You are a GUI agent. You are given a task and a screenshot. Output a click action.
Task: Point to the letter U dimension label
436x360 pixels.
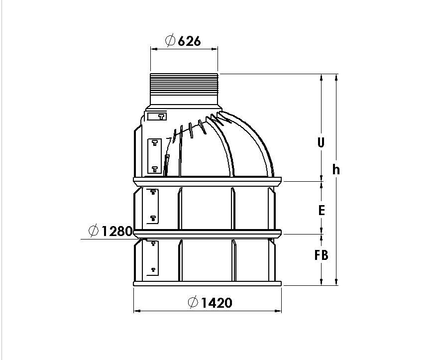[x=321, y=142]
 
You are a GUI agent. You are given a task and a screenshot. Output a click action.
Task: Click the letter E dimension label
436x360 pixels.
[x=322, y=210]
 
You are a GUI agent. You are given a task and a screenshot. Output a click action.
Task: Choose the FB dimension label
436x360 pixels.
[x=321, y=255]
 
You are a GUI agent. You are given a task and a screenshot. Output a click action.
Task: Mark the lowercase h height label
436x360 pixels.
[x=336, y=169]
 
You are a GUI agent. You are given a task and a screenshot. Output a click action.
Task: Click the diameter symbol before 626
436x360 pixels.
[x=170, y=41]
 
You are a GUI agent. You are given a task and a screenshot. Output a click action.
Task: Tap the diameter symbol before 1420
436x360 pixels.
[x=193, y=302]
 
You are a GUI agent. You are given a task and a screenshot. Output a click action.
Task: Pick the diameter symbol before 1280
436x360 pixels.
[x=94, y=231]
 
